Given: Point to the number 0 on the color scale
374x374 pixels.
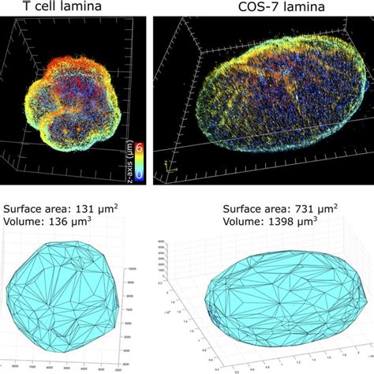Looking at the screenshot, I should [139, 168].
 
